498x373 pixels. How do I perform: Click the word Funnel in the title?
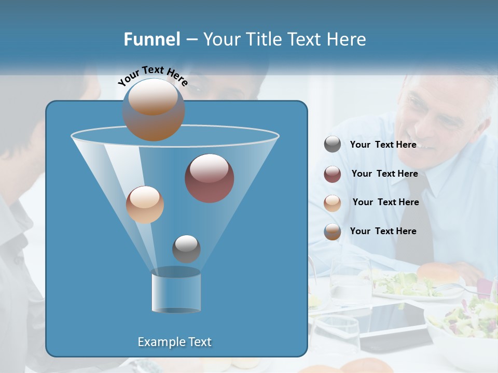(152, 39)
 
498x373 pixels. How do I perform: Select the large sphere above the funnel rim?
(153, 110)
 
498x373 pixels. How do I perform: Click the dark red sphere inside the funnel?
(209, 178)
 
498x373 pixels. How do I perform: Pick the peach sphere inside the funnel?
(145, 205)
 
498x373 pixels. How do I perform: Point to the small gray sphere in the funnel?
(186, 249)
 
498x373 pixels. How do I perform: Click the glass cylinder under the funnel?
(176, 290)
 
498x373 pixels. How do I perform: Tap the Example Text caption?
(175, 342)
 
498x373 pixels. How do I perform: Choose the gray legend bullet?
(333, 145)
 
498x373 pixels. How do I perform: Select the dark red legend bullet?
(333, 174)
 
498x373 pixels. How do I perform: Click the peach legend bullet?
(333, 203)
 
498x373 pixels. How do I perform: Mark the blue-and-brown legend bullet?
(333, 232)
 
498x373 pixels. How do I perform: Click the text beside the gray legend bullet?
(383, 145)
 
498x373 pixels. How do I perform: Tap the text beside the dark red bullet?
(384, 174)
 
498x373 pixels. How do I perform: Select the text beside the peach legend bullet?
(385, 203)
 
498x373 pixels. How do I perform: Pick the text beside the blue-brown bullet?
(383, 232)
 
